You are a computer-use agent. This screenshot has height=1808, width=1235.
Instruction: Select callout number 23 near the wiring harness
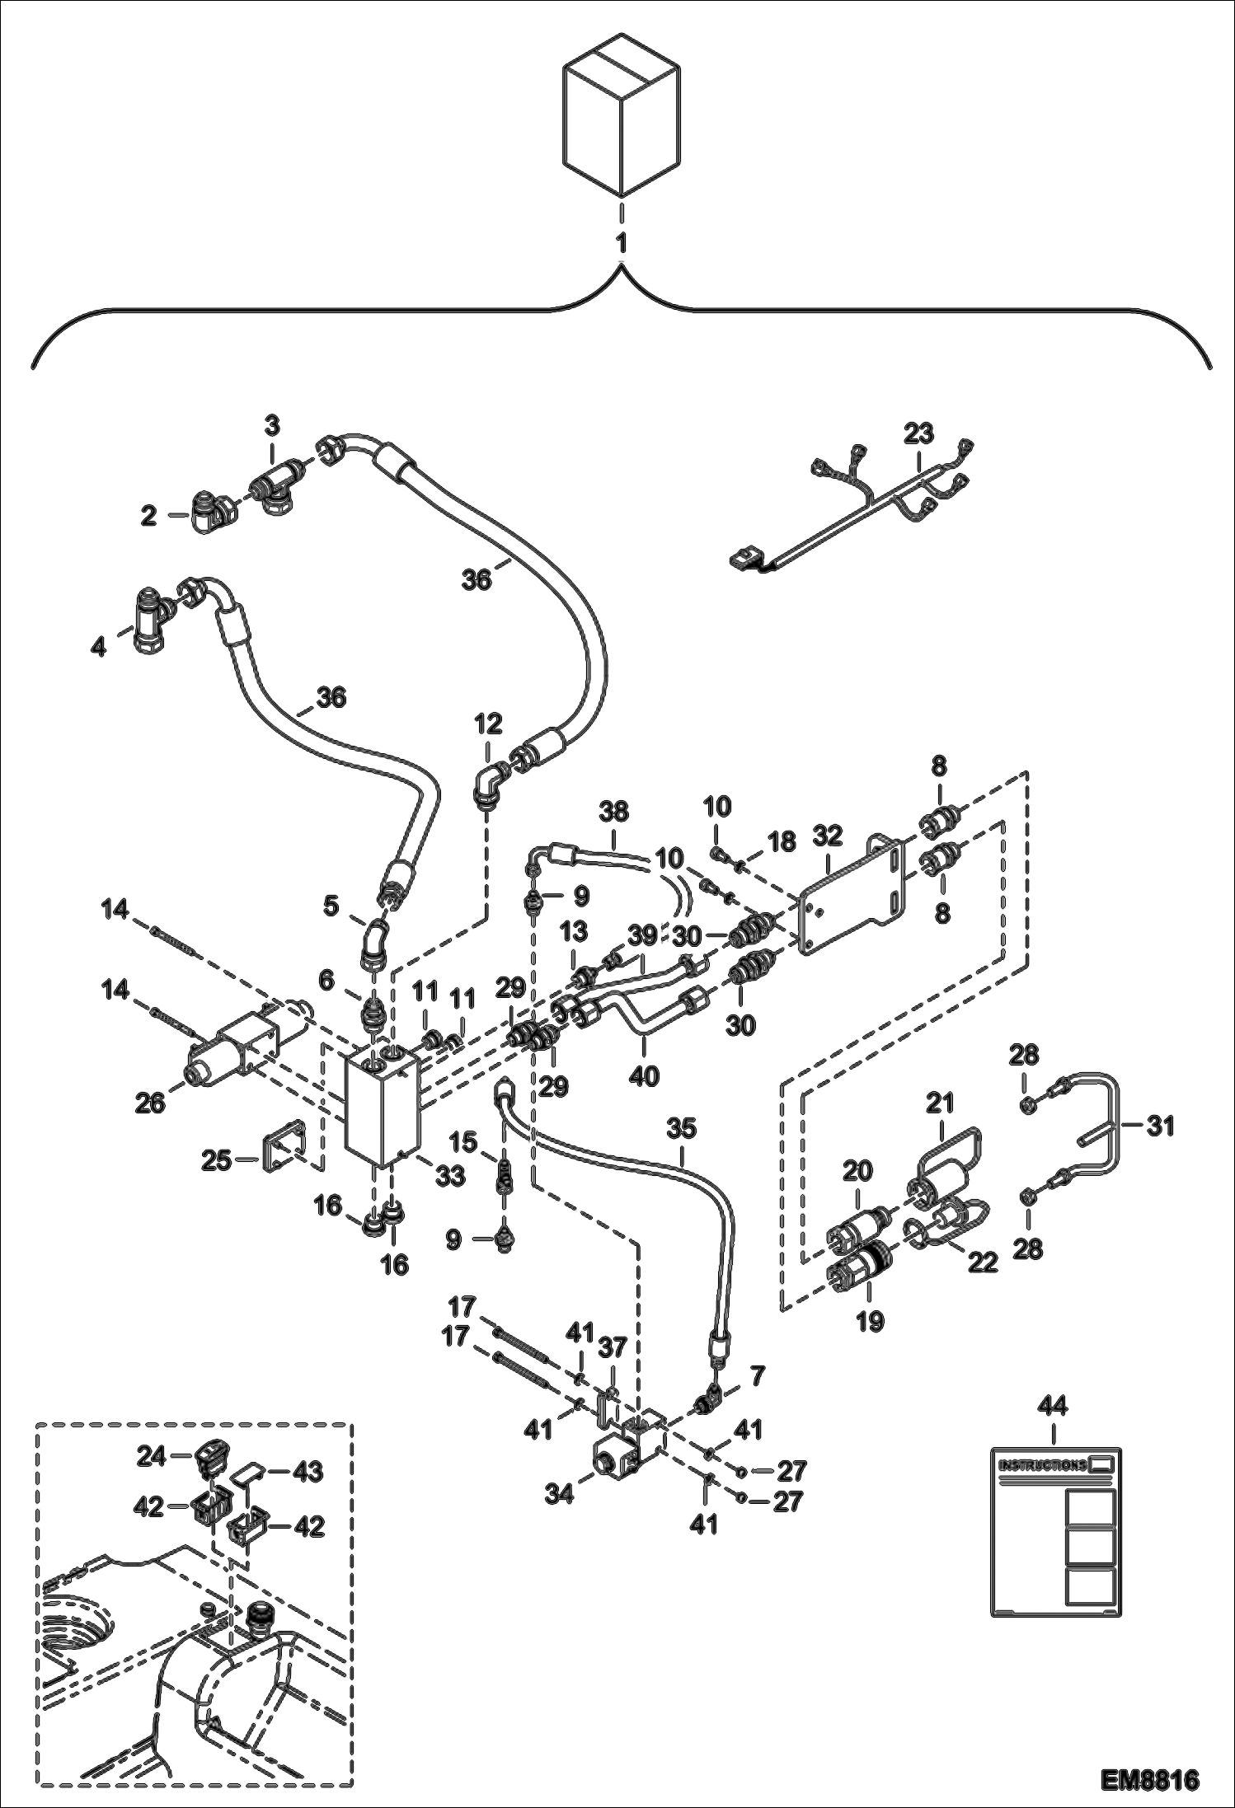click(918, 433)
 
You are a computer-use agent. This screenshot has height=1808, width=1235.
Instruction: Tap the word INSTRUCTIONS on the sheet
click(1042, 1465)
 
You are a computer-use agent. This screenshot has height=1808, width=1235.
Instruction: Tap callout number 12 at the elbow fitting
click(488, 724)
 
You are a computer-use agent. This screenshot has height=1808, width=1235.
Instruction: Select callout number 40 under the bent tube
click(644, 1075)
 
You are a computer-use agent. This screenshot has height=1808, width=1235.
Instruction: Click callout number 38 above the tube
click(613, 812)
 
